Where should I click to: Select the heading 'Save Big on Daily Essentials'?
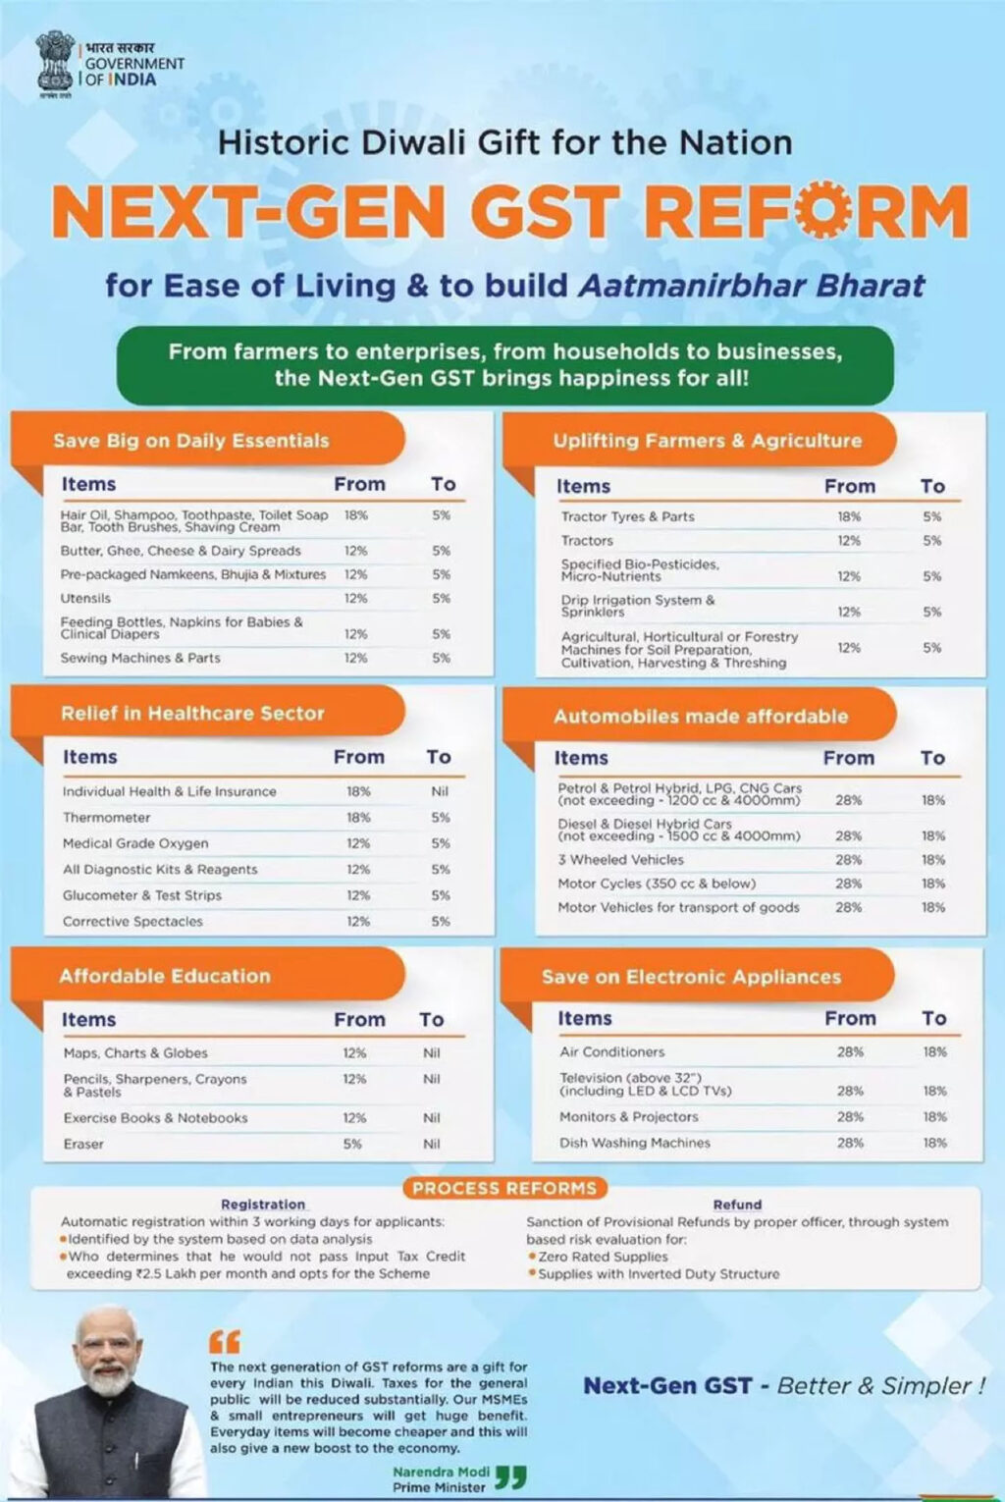click(x=191, y=441)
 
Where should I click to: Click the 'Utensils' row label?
click(x=86, y=598)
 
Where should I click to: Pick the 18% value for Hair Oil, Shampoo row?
click(x=355, y=514)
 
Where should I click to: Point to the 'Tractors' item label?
click(x=587, y=540)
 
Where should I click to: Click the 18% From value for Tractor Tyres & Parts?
click(x=849, y=516)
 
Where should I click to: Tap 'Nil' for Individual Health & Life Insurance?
click(x=440, y=791)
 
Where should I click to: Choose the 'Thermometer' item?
click(x=107, y=817)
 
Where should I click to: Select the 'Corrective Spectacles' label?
click(x=132, y=921)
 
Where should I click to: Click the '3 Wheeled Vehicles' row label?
click(x=620, y=859)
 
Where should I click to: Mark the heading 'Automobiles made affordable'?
click(x=701, y=716)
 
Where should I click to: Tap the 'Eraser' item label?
click(x=83, y=1144)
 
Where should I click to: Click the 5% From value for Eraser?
click(x=352, y=1144)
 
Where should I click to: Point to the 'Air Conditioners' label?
click(x=612, y=1051)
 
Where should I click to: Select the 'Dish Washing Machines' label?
click(x=635, y=1143)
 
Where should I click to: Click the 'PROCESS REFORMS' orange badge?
click(x=504, y=1188)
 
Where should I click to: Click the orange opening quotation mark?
click(x=225, y=1341)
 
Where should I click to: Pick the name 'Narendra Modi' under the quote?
click(x=441, y=1472)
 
